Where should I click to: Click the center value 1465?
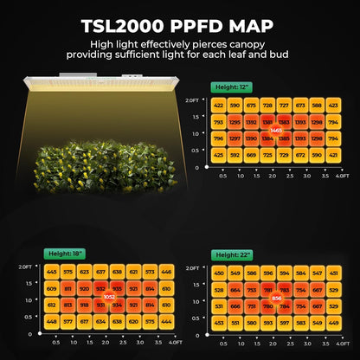tap(276, 130)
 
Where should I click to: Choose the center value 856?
tap(276, 298)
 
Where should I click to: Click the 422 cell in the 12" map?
tap(218, 105)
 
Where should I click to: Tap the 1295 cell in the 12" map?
tap(235, 121)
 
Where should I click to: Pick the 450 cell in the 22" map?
tap(219, 273)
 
